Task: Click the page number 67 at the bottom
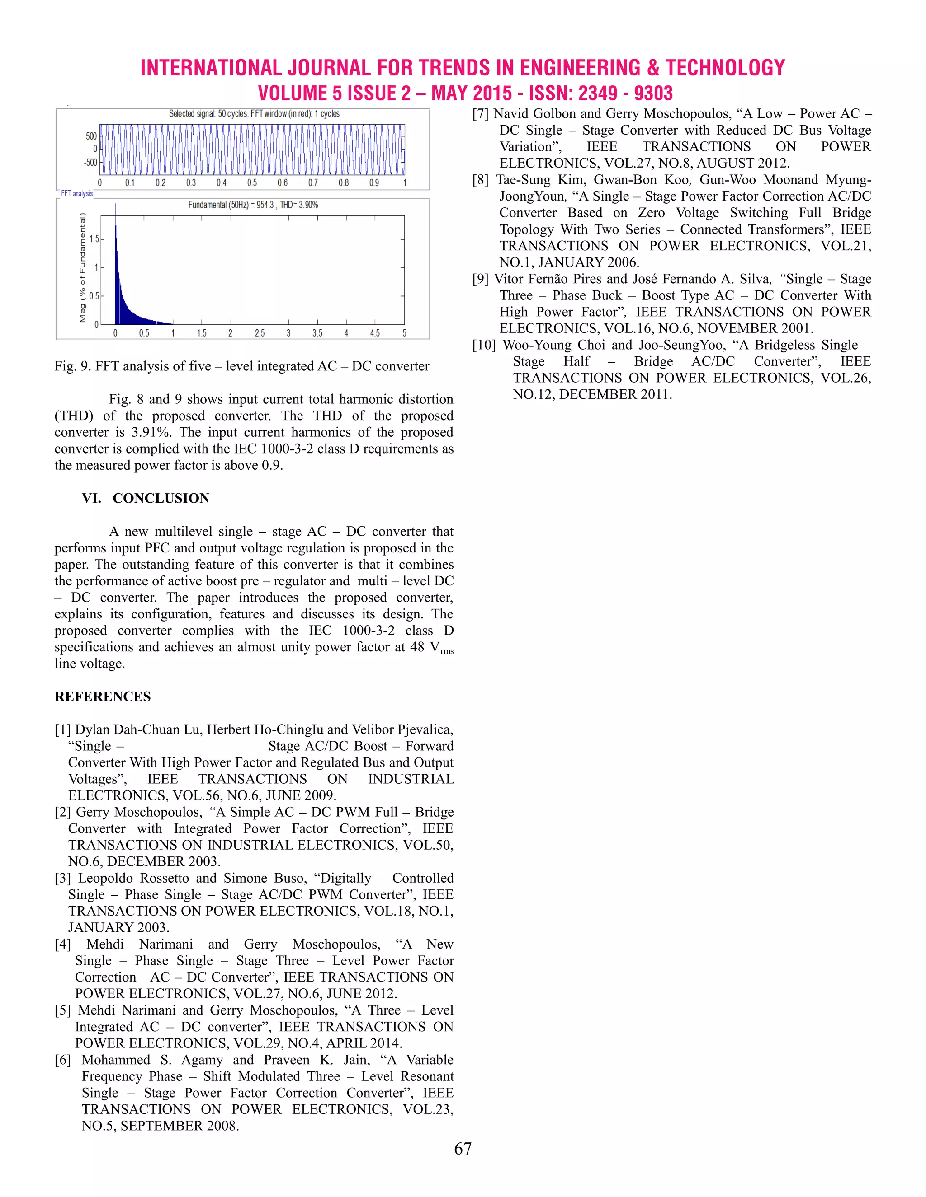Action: tap(463, 1148)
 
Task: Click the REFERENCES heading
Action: tap(103, 697)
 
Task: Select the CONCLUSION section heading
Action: tap(161, 498)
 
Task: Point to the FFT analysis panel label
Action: tap(77, 193)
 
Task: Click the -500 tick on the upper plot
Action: tap(90, 163)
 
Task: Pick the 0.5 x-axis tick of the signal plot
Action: tap(252, 182)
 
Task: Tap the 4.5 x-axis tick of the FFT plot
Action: tap(375, 333)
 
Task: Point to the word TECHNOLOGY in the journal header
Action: tap(725, 68)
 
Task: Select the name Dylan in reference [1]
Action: tap(90, 730)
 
